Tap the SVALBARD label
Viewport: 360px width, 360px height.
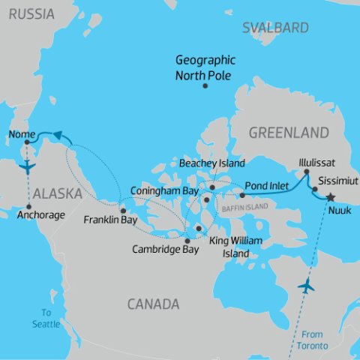275,28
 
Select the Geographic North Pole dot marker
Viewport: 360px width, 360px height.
205,85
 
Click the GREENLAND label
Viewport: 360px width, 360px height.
289,133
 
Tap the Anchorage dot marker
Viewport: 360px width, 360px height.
28,207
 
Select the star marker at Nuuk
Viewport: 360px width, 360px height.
330,197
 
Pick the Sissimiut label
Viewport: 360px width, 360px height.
339,181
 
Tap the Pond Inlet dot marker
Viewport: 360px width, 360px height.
242,194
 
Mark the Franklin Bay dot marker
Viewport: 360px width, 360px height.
123,210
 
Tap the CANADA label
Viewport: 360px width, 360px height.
152,304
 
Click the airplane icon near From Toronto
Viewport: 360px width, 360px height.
306,286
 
